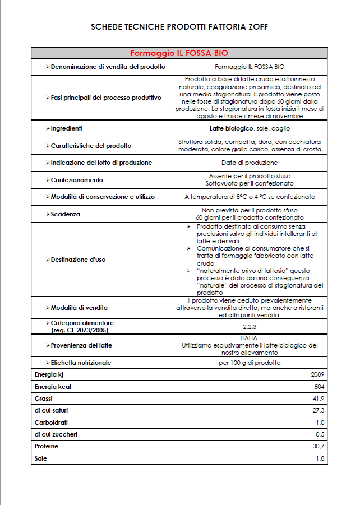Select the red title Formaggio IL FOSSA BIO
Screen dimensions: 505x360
click(x=179, y=53)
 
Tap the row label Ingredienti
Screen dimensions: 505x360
click(x=66, y=128)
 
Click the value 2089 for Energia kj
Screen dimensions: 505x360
click(x=318, y=374)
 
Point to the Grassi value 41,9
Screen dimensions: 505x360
click(x=320, y=398)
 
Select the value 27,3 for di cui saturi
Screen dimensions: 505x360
click(x=320, y=410)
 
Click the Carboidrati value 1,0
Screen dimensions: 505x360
click(x=321, y=422)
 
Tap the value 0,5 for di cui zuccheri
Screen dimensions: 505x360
click(x=321, y=434)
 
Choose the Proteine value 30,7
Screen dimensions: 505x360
click(x=320, y=446)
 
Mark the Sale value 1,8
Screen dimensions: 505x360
click(x=321, y=458)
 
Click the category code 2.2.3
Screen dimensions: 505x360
click(x=250, y=326)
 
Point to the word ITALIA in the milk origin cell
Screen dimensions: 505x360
click(x=250, y=338)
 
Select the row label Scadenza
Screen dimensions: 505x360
click(x=65, y=214)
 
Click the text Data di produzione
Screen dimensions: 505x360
click(x=250, y=163)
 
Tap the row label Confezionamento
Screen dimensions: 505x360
click(x=76, y=180)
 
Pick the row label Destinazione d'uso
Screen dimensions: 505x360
click(x=77, y=260)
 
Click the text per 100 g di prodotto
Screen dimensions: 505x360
click(x=250, y=363)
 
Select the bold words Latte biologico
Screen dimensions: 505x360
click(x=232, y=128)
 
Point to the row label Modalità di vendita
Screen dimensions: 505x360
click(x=79, y=307)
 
